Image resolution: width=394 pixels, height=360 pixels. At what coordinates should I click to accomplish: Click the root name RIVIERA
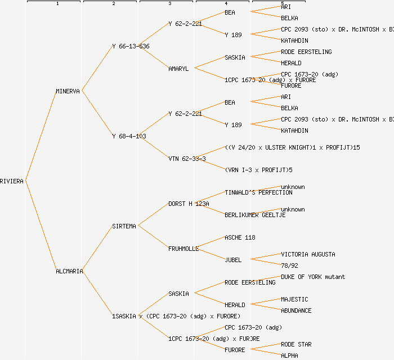point(12,181)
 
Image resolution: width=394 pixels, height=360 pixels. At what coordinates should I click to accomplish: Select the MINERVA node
point(68,91)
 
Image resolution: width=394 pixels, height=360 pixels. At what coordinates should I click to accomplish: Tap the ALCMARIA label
point(69,271)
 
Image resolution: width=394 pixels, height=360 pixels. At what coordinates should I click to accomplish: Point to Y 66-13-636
point(131,46)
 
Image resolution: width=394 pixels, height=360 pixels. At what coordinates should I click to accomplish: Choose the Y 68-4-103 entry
point(129,136)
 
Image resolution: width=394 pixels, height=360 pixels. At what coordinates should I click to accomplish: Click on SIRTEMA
point(124,226)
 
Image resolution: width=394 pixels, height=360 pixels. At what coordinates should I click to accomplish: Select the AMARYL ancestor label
point(178,69)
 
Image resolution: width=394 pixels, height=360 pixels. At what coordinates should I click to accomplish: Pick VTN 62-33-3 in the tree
point(187,159)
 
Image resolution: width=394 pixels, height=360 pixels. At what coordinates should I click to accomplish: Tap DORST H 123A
point(189,204)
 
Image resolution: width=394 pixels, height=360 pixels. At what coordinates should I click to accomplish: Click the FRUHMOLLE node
point(183,249)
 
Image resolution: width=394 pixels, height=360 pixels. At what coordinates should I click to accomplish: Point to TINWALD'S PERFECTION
point(258,192)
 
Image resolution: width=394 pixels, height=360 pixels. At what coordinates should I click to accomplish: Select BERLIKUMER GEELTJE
point(255,215)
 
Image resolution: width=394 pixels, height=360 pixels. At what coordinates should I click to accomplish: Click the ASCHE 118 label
point(240,237)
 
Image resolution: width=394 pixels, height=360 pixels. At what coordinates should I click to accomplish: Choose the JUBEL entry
point(233,260)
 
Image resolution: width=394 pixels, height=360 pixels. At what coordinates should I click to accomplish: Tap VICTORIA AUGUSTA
point(308,254)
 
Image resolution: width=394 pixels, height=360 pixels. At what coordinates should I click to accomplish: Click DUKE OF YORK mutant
point(313,277)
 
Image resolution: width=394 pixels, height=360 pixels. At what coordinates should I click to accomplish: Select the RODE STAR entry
point(296,344)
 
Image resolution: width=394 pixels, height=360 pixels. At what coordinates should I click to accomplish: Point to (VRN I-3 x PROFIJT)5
point(258,170)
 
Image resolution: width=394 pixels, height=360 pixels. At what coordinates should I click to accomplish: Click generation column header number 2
point(113,4)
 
